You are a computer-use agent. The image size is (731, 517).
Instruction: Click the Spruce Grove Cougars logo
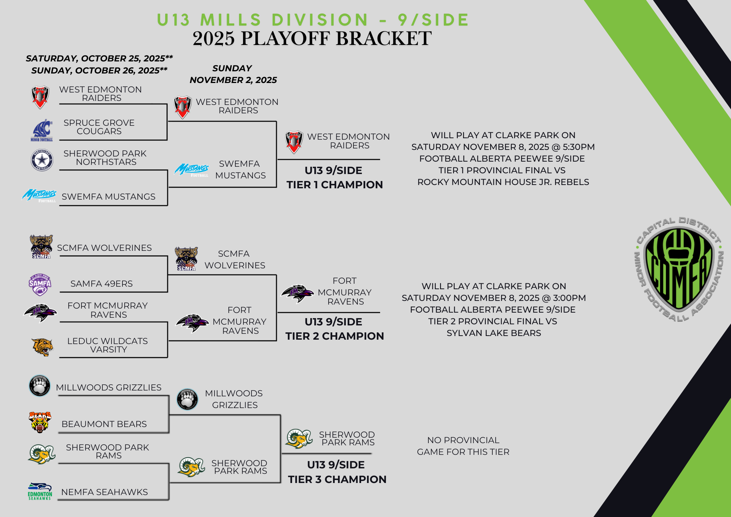click(x=42, y=130)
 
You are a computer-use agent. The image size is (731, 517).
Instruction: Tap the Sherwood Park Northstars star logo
click(x=42, y=160)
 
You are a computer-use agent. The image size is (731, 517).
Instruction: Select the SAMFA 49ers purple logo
click(x=40, y=284)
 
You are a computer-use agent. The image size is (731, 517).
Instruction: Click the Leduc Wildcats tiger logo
click(x=42, y=347)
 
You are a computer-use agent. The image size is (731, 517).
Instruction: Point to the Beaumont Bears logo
click(x=40, y=422)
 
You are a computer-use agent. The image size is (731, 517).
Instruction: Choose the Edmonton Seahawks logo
click(x=40, y=491)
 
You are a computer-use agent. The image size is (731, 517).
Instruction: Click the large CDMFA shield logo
click(x=679, y=269)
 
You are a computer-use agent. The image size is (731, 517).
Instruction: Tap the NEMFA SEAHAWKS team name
click(x=105, y=492)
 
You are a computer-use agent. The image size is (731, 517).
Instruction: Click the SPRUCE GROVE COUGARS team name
click(x=99, y=127)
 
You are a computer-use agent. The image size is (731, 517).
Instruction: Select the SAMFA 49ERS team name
click(x=102, y=284)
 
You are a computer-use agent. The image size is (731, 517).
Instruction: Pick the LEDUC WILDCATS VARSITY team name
click(x=108, y=345)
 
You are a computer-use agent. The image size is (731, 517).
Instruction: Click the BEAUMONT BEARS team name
click(x=104, y=424)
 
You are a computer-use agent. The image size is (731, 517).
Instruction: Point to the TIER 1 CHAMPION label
click(x=335, y=185)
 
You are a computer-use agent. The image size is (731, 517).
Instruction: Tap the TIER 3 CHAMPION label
click(x=337, y=479)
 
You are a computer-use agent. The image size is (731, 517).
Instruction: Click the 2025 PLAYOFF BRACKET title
click(x=312, y=38)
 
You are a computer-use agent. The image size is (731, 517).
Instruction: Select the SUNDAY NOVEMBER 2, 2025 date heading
click(x=233, y=74)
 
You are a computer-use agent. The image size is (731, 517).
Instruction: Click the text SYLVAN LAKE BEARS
click(x=494, y=333)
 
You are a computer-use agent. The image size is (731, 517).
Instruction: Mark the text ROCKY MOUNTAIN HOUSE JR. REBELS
click(x=503, y=182)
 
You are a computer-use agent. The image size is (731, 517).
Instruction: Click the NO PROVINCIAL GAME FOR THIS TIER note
click(x=463, y=446)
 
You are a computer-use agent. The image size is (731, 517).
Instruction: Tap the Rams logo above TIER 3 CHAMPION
click(x=299, y=438)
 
